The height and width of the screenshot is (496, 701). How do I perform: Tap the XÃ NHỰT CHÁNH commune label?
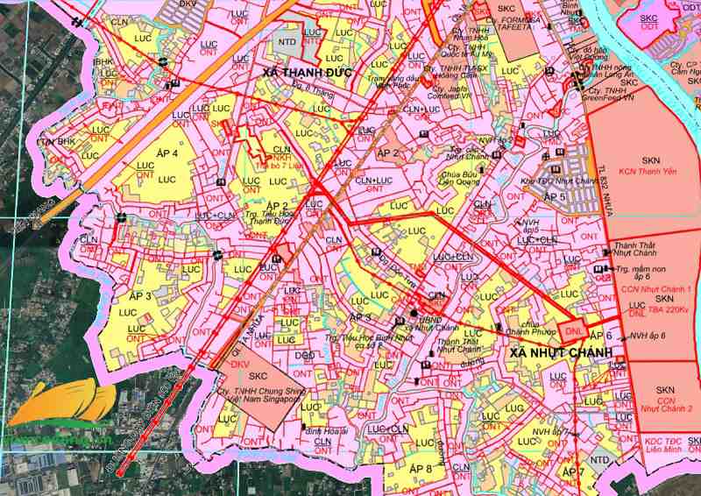click(556, 353)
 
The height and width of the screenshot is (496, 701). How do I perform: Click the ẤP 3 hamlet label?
click(140, 296)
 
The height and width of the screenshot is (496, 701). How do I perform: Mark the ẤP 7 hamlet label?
click(573, 473)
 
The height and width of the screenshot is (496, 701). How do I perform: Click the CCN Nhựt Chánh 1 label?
click(655, 288)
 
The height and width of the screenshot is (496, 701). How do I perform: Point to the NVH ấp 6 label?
click(648, 336)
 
